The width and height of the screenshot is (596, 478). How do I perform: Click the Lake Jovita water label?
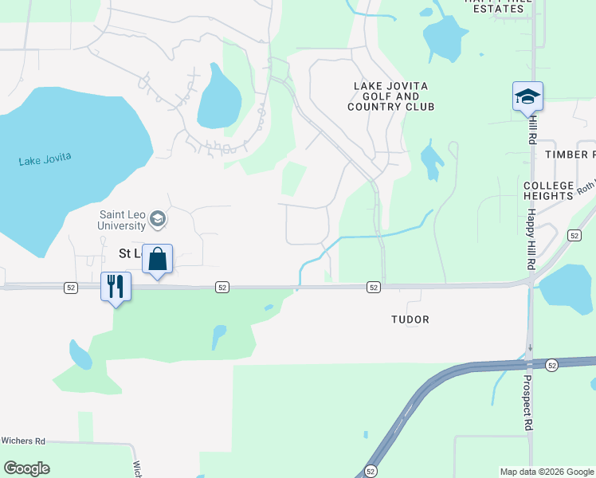[45, 159]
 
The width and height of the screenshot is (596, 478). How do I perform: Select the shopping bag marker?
[158, 260]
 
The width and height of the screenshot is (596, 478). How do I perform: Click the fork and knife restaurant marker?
[116, 287]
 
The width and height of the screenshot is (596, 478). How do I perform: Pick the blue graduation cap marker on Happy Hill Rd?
[527, 97]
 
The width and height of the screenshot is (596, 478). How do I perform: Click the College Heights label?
[548, 190]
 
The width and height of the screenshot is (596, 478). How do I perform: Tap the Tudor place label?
[410, 319]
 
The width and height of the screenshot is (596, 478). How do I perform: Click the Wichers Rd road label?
[23, 441]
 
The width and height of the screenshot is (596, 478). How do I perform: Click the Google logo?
[26, 468]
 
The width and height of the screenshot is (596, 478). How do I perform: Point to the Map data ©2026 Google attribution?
[547, 472]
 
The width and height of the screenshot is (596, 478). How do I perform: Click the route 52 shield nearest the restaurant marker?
[72, 287]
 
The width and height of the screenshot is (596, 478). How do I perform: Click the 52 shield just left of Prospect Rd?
[552, 365]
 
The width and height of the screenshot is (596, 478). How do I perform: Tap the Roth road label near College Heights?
[586, 186]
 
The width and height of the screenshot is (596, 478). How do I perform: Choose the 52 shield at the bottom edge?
[371, 472]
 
